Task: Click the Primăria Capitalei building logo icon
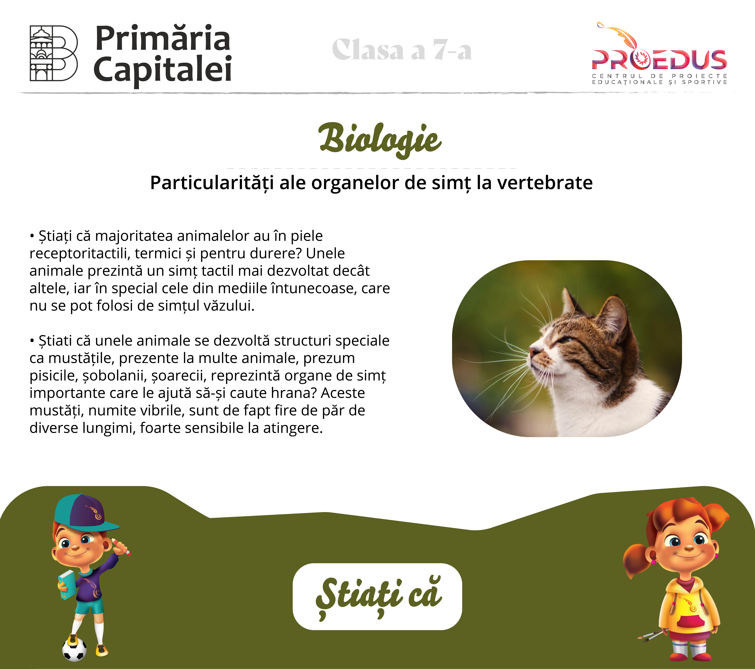point(54,53)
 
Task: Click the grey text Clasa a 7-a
point(402,50)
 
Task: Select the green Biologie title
point(380,140)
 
